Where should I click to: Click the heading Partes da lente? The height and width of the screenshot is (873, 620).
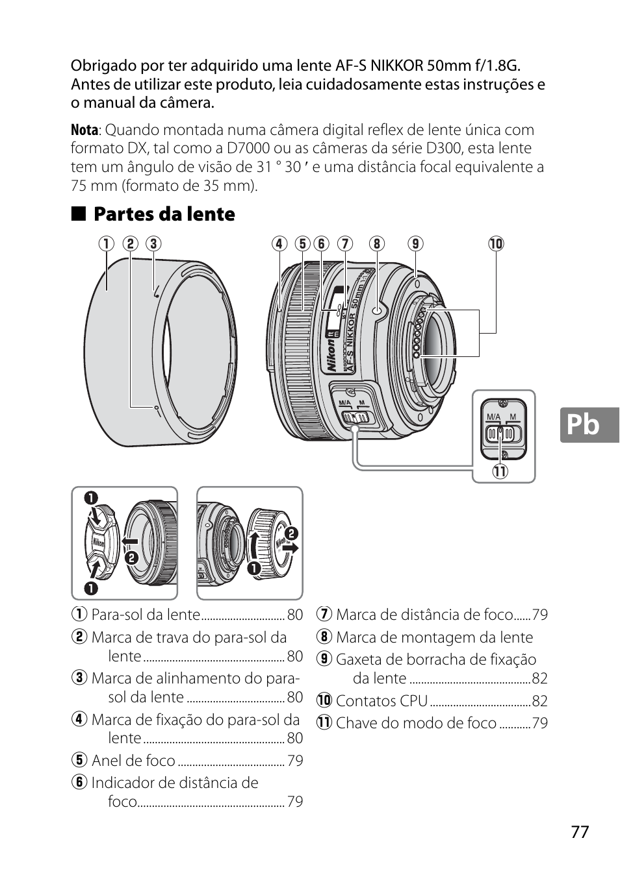pyautogui.click(x=164, y=214)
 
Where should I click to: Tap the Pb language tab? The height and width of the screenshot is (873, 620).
pyautogui.click(x=583, y=424)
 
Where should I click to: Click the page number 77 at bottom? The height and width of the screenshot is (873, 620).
pyautogui.click(x=580, y=832)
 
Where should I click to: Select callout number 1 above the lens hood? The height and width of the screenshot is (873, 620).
pyautogui.click(x=106, y=244)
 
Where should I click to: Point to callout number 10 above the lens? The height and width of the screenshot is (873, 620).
pyautogui.click(x=496, y=244)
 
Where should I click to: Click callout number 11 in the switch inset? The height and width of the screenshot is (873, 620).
pyautogui.click(x=499, y=471)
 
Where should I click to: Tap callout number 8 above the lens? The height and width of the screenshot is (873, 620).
pyautogui.click(x=376, y=244)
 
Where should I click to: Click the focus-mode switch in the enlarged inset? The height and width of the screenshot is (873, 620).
pyautogui.click(x=502, y=433)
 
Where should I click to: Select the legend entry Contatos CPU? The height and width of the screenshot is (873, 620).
pyautogui.click(x=381, y=701)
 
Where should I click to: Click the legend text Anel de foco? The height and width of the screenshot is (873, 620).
pyautogui.click(x=133, y=761)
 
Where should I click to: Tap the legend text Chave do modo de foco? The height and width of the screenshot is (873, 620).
pyautogui.click(x=416, y=723)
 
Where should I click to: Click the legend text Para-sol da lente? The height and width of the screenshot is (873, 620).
pyautogui.click(x=146, y=615)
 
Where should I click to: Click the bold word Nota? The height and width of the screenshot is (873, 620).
pyautogui.click(x=84, y=130)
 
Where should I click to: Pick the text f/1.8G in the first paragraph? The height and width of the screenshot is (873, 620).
pyautogui.click(x=497, y=66)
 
